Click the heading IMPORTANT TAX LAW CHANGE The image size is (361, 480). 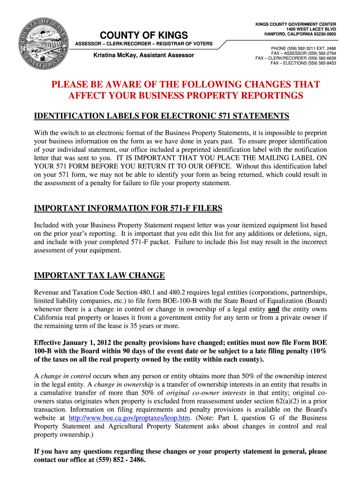99,275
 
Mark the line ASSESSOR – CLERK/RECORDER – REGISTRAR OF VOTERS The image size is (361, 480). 144,44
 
